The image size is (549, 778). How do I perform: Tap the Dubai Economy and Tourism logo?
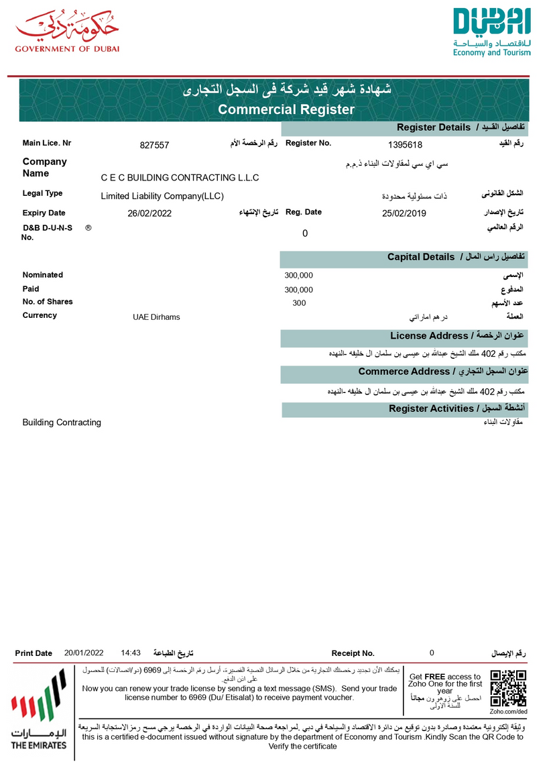point(491,32)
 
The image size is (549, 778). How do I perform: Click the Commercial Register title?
point(286,109)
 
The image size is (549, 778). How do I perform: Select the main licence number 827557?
point(154,145)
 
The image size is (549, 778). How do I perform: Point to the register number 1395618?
point(405,145)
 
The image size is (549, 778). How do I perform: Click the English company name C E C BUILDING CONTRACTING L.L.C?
point(180,178)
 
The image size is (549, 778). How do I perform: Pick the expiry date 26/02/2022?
point(149,214)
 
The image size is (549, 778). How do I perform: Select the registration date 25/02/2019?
point(404,214)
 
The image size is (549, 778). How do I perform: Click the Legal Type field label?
point(42,193)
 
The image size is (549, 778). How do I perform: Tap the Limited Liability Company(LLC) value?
point(162,197)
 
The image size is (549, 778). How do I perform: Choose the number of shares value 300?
point(299,303)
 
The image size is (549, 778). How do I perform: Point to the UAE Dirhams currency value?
point(156,317)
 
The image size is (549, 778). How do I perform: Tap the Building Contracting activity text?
point(62,423)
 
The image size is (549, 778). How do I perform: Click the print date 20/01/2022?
point(84,653)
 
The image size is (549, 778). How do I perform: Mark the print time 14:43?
point(131,653)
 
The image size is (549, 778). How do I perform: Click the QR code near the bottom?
point(508,687)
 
